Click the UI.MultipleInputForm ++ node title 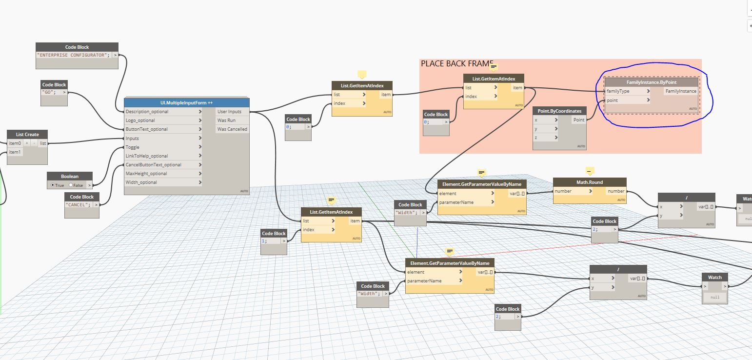click(x=187, y=102)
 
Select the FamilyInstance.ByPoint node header click(x=652, y=82)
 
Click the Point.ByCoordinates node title click(x=560, y=111)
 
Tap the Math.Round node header click(x=590, y=182)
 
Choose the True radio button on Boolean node click(x=53, y=185)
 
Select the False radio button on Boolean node click(x=71, y=185)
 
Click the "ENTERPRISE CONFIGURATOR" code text click(x=73, y=55)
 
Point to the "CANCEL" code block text click(x=78, y=204)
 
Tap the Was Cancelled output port click(x=232, y=129)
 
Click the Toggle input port click(x=133, y=147)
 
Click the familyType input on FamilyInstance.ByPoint click(x=618, y=91)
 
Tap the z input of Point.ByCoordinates click(x=536, y=138)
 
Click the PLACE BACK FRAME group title click(x=456, y=64)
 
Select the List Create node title click(x=27, y=134)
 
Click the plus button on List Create click(x=27, y=143)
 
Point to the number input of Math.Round click(x=563, y=191)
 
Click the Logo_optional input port click(x=140, y=120)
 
